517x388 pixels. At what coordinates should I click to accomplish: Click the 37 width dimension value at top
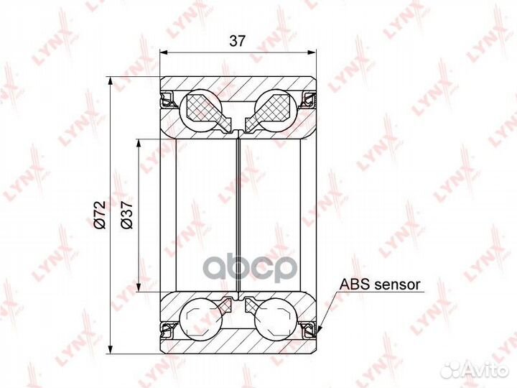tap(237, 41)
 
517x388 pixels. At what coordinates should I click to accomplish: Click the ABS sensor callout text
tap(380, 285)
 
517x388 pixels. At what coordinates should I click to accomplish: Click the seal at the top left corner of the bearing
tap(167, 98)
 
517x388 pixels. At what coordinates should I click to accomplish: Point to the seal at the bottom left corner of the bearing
tap(167, 330)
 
